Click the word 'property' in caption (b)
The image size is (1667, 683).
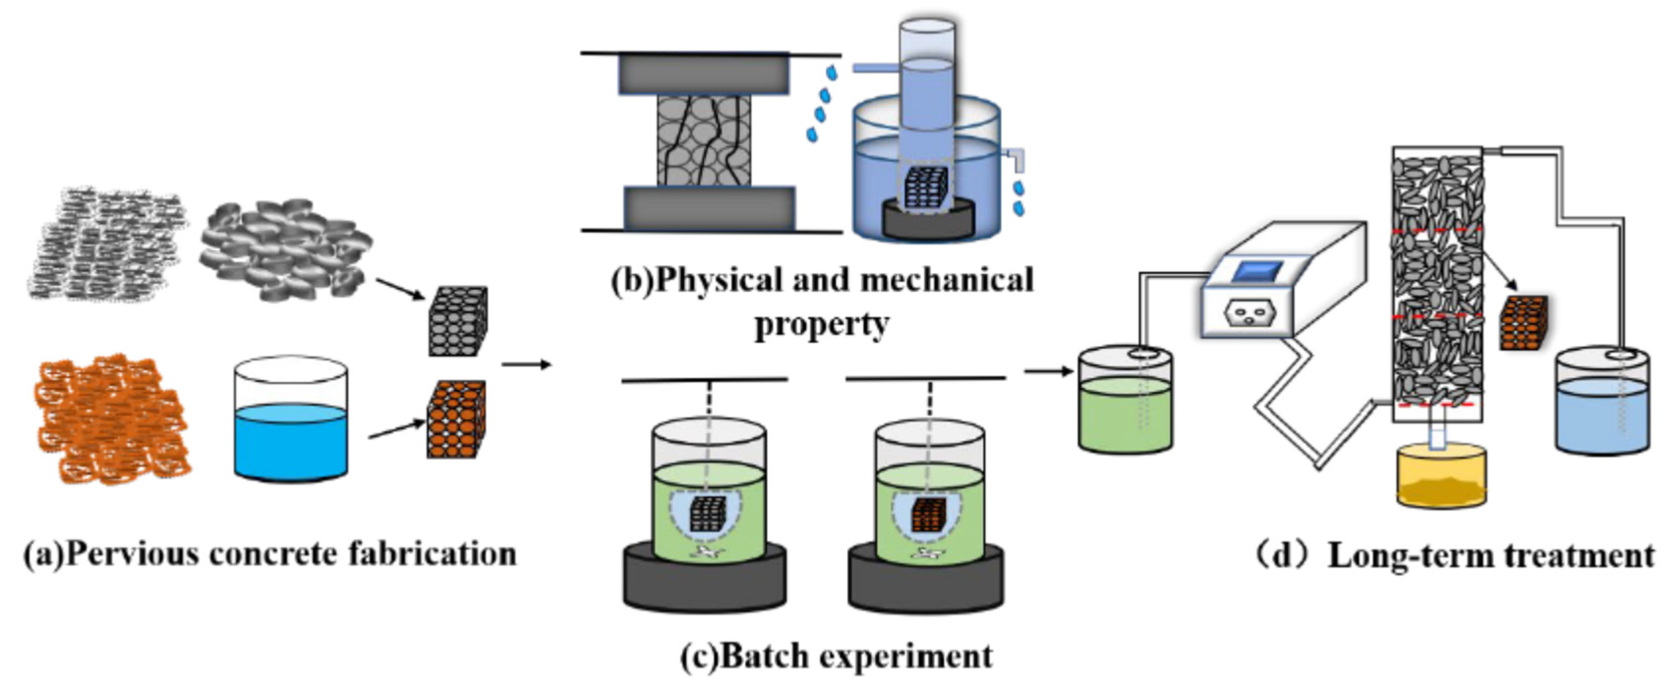click(822, 324)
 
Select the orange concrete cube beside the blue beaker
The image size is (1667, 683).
click(456, 420)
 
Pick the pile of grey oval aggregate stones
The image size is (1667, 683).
click(285, 249)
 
